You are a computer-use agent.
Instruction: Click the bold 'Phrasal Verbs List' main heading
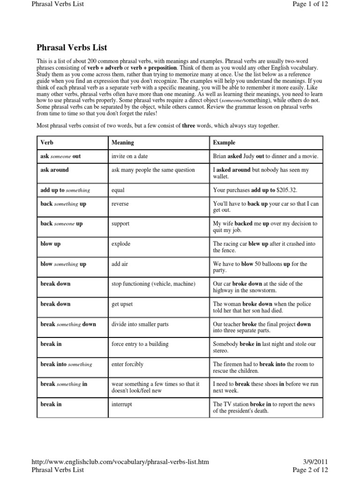pyautogui.click(x=72, y=47)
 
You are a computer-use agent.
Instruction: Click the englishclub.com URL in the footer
pyautogui.click(x=120, y=462)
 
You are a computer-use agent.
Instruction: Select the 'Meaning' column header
pyautogui.click(x=122, y=142)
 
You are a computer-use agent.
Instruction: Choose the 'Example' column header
pyautogui.click(x=224, y=142)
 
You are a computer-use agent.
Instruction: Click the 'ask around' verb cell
pyautogui.click(x=54, y=170)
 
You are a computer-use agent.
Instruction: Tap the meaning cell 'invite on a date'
pyautogui.click(x=130, y=156)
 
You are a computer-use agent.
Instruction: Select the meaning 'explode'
pyautogui.click(x=121, y=244)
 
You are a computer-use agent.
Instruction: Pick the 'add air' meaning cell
pyautogui.click(x=120, y=264)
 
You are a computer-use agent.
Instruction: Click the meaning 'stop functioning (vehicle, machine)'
pyautogui.click(x=153, y=284)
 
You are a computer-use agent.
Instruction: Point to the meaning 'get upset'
pyautogui.click(x=122, y=304)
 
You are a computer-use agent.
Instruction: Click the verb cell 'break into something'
pyautogui.click(x=66, y=364)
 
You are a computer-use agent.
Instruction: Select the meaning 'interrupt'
pyautogui.click(x=121, y=404)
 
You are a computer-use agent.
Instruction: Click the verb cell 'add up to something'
pyautogui.click(x=65, y=190)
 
